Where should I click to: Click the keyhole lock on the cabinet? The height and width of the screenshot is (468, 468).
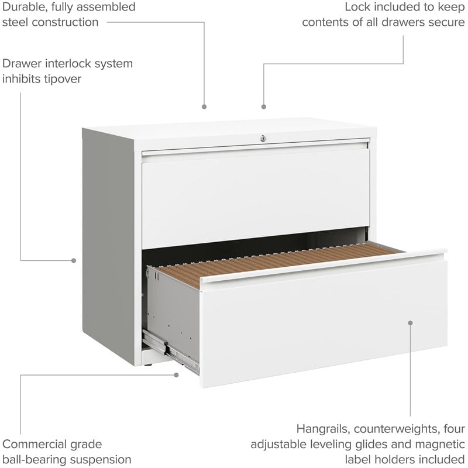[263, 138]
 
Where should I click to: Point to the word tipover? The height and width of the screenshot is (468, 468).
[63, 80]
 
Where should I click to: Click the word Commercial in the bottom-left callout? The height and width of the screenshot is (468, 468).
[35, 445]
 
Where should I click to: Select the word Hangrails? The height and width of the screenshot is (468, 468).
[324, 429]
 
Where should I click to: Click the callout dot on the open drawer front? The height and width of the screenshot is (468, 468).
[410, 323]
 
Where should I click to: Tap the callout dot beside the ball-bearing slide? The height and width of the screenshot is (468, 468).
[176, 375]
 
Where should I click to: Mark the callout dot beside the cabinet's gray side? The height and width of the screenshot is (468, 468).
[74, 260]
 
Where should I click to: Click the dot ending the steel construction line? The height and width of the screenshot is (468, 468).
[204, 106]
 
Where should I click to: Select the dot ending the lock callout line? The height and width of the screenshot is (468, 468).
[264, 106]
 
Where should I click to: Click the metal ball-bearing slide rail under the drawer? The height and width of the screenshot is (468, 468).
[170, 352]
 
